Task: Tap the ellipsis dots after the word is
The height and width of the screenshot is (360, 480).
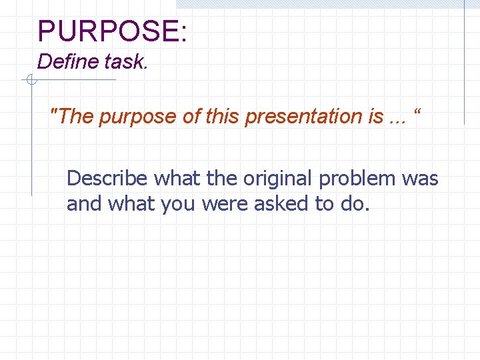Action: (x=397, y=118)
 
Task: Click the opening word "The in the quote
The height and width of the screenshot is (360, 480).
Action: (x=73, y=117)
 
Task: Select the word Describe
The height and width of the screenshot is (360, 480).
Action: (x=108, y=179)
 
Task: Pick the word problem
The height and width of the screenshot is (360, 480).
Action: (x=363, y=179)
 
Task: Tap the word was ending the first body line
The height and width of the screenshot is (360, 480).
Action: (x=421, y=179)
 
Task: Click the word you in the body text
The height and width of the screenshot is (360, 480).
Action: (x=173, y=203)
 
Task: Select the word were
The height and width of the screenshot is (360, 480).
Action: (x=223, y=203)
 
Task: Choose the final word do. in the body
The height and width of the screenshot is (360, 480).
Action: (x=354, y=203)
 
